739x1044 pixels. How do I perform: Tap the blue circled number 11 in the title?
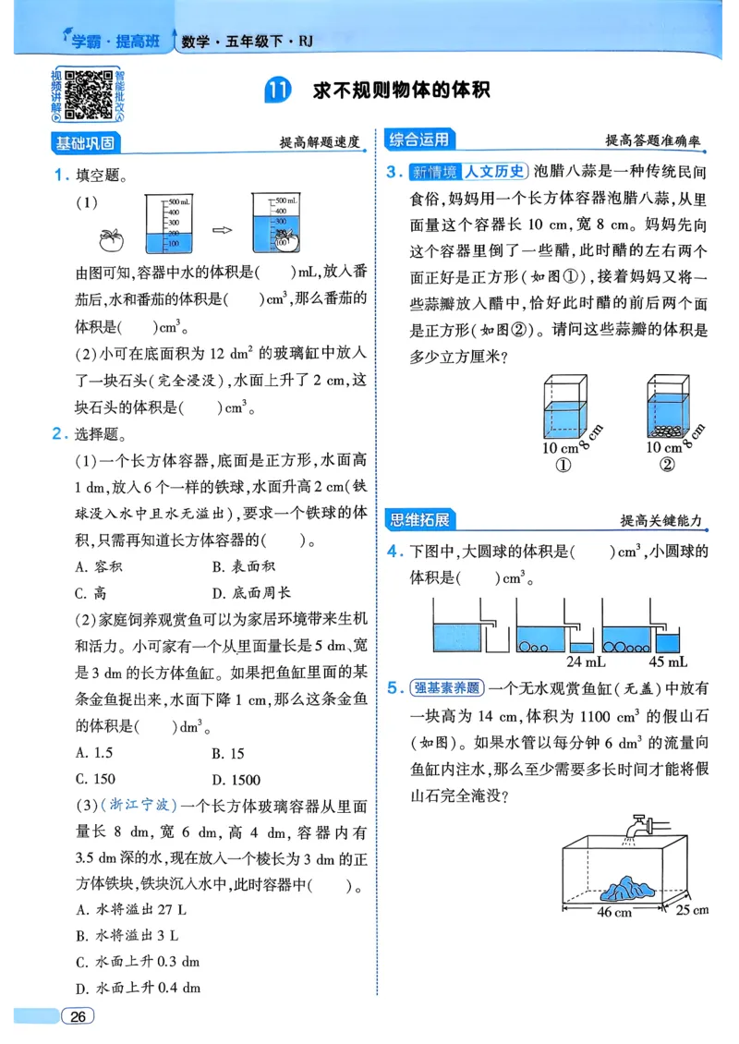tap(277, 91)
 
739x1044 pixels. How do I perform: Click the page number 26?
tap(79, 1017)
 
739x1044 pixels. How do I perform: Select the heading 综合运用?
tap(418, 140)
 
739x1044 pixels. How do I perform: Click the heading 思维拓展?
tap(418, 520)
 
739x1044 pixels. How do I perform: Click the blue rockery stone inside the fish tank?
tap(628, 888)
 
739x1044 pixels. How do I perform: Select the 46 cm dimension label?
tap(614, 912)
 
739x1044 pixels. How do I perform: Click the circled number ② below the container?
tap(668, 465)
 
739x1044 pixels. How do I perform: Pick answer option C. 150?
tap(96, 779)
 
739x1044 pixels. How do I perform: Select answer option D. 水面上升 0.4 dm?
tap(138, 988)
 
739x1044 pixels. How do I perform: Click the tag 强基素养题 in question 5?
tap(448, 687)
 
